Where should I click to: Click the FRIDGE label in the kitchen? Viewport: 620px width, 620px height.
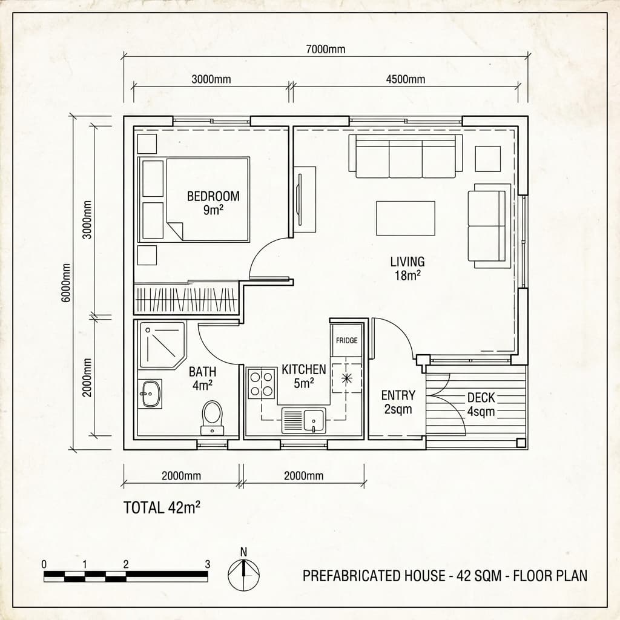(x=346, y=340)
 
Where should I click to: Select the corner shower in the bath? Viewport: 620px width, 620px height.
(x=161, y=345)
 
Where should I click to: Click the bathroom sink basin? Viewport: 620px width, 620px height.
(x=149, y=394)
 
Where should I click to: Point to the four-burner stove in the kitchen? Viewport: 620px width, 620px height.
(x=262, y=383)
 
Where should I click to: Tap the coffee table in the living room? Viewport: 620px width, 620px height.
(x=405, y=218)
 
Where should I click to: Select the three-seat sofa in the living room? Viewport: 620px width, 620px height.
(x=405, y=157)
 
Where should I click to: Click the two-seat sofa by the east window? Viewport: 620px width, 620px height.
(x=488, y=225)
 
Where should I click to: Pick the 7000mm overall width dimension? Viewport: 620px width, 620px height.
(x=326, y=50)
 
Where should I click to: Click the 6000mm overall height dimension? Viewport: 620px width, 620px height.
(x=66, y=282)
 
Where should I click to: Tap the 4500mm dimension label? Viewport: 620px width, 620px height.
(x=405, y=79)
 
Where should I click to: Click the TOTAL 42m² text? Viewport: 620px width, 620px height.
(x=162, y=507)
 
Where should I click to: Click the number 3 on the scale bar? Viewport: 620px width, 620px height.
(x=208, y=564)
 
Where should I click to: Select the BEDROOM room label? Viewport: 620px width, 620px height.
(x=213, y=196)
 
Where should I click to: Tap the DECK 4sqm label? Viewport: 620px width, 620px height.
(x=481, y=404)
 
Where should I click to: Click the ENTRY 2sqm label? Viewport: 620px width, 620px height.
(x=398, y=402)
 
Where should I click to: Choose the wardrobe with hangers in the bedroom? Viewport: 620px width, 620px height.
(x=186, y=299)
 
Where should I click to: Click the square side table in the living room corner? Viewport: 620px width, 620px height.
(x=487, y=159)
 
